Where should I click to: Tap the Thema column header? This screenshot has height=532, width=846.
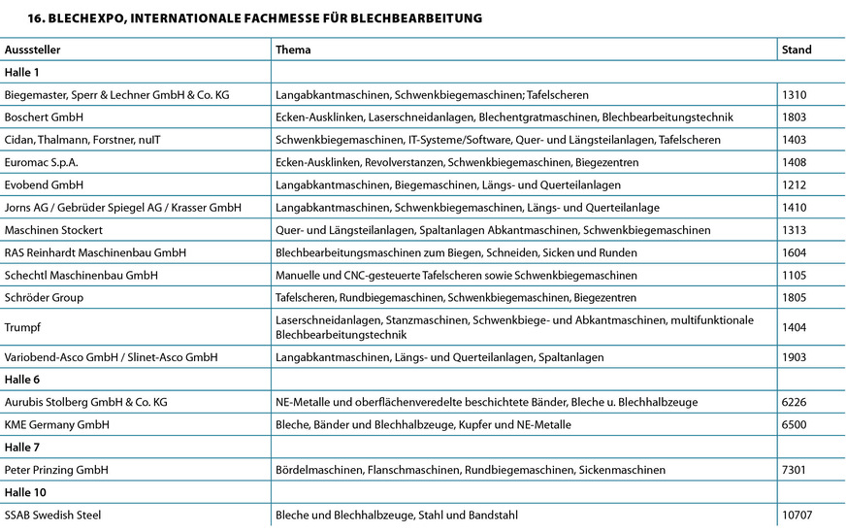(293, 50)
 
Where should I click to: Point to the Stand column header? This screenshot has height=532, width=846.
(797, 50)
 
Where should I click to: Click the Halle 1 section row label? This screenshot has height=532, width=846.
(21, 72)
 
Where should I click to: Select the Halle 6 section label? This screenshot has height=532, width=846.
(21, 380)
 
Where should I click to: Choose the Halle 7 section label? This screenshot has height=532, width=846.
(21, 448)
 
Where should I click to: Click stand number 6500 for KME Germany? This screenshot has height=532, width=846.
(795, 424)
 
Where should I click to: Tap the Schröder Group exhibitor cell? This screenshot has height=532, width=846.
(44, 297)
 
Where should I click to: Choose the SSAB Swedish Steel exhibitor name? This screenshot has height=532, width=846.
(52, 515)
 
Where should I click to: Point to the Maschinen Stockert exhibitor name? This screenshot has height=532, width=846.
(53, 230)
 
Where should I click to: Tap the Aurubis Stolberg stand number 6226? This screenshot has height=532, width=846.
(795, 402)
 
